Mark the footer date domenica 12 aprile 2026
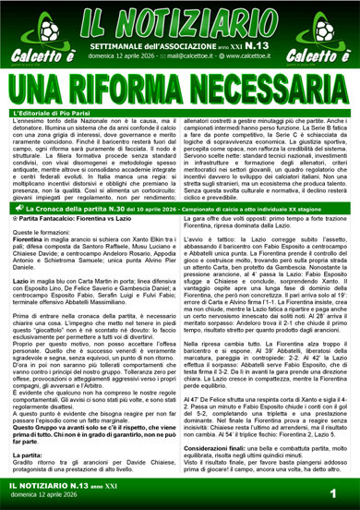[46, 497]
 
